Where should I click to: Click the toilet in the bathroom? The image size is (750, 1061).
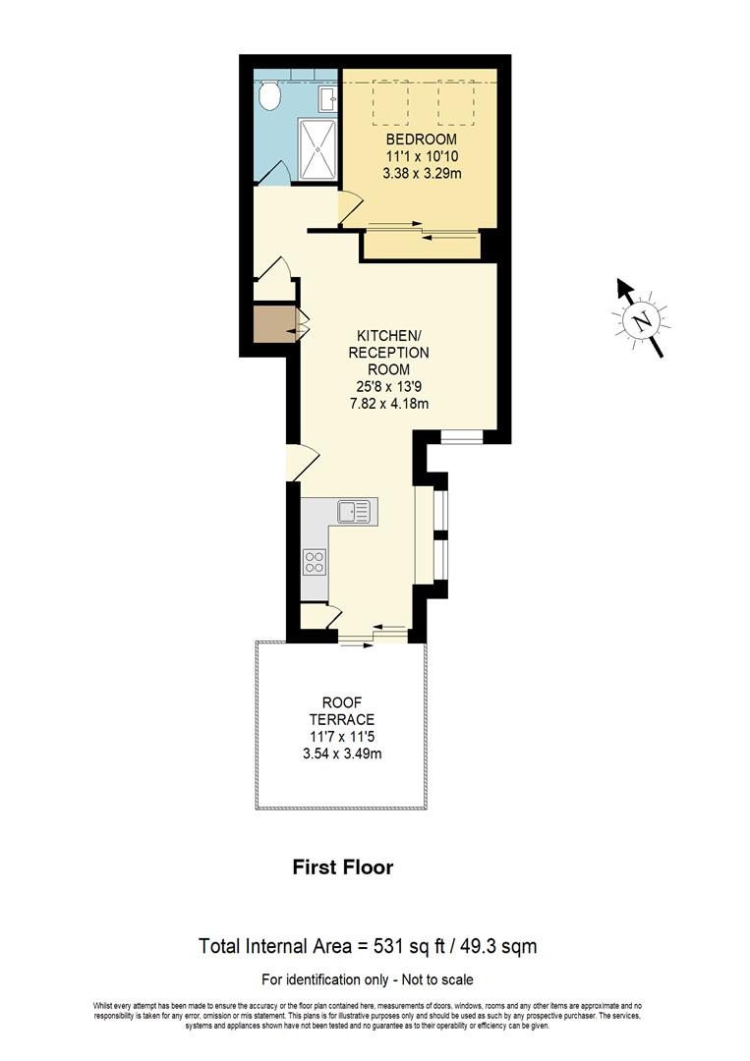[x=270, y=96]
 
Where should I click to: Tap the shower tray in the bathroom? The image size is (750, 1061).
[x=317, y=149]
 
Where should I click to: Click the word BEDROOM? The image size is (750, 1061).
[x=422, y=140]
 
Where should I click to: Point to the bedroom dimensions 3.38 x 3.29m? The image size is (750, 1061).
[x=422, y=173]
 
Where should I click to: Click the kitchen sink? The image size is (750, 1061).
[x=353, y=512]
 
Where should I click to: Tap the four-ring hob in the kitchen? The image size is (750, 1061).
[x=315, y=562]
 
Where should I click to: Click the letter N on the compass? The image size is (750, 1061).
[x=641, y=320]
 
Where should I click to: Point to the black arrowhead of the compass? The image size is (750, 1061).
[x=623, y=288]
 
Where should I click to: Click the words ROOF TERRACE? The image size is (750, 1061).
[x=341, y=711]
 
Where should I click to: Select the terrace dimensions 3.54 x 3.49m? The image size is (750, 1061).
[x=341, y=754]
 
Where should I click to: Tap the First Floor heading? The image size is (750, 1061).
[x=343, y=867]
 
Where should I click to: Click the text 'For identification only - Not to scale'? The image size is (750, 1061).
[x=367, y=979]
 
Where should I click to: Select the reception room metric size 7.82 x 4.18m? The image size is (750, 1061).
[x=389, y=403]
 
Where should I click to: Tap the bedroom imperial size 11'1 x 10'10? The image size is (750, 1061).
[x=422, y=156]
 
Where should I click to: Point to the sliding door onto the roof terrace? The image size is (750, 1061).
[x=374, y=637]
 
